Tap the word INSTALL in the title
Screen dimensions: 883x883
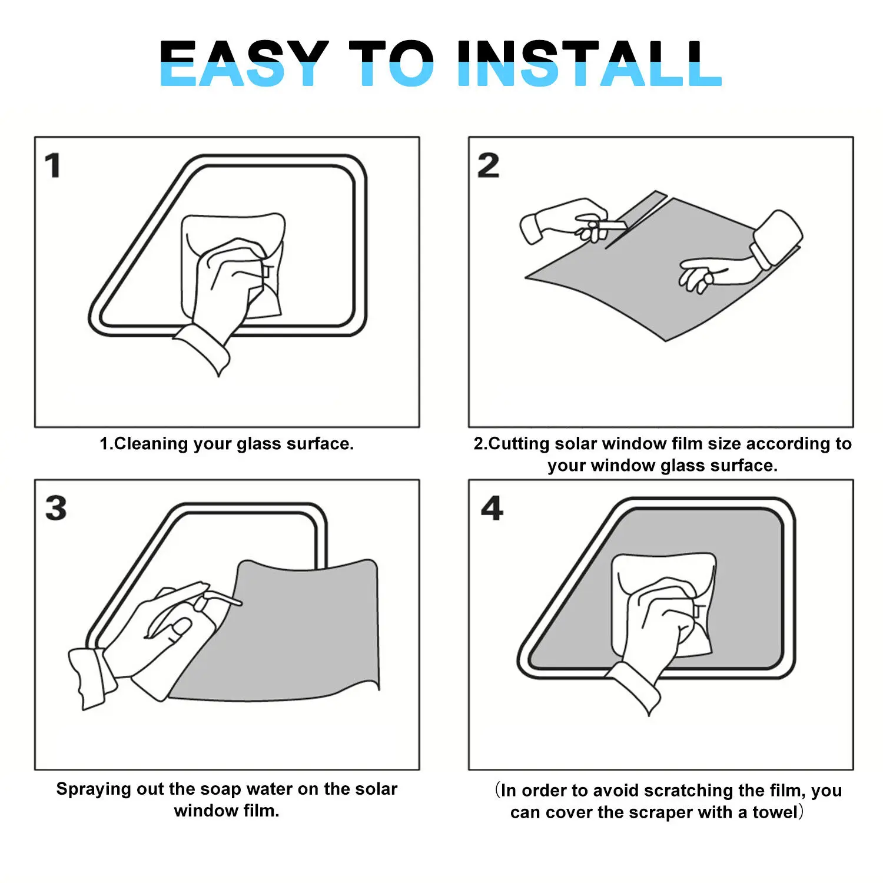(589, 64)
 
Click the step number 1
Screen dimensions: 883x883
(53, 165)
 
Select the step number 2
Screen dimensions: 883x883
(488, 165)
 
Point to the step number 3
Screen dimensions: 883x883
(56, 508)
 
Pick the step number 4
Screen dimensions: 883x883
(492, 508)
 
